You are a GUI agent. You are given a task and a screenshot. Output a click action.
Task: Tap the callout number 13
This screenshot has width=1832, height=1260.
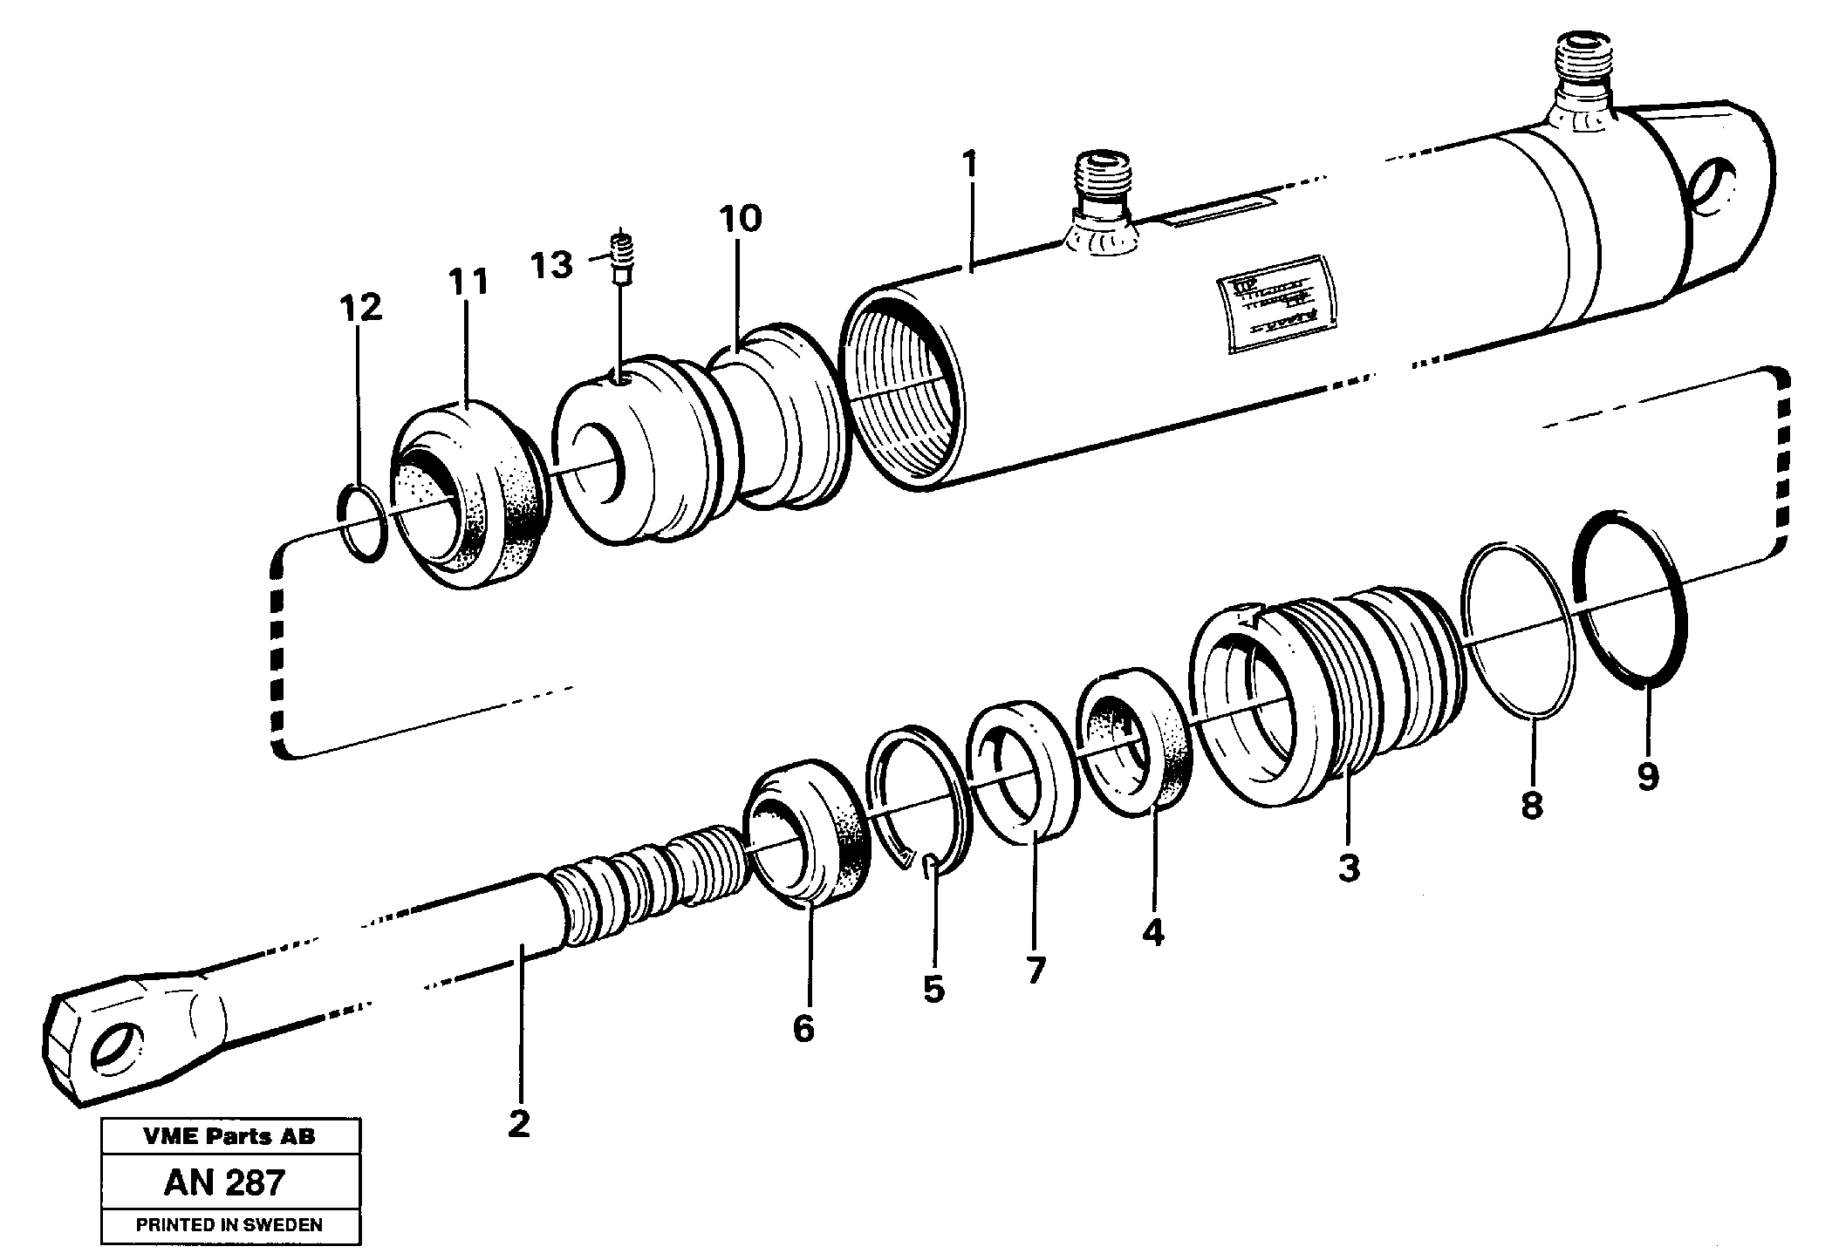(x=552, y=263)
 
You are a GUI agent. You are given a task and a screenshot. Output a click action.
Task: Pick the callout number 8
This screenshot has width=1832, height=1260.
(x=1531, y=804)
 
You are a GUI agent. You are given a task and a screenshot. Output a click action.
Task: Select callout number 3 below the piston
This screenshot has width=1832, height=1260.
(x=1349, y=868)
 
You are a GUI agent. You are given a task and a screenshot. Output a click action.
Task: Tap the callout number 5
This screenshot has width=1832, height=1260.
(x=933, y=989)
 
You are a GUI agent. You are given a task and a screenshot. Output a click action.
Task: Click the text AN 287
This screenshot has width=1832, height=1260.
(x=224, y=1182)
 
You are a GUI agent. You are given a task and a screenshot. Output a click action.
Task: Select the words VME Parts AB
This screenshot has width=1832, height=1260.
(x=229, y=1136)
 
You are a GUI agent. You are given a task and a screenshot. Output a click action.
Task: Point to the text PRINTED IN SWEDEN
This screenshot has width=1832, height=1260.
(x=229, y=1224)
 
